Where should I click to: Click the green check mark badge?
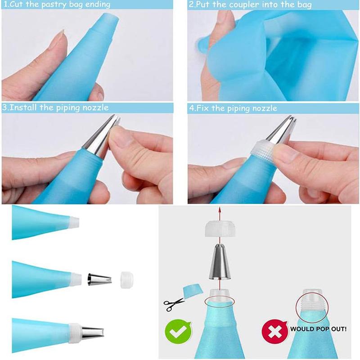pyautogui.click(x=177, y=332)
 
